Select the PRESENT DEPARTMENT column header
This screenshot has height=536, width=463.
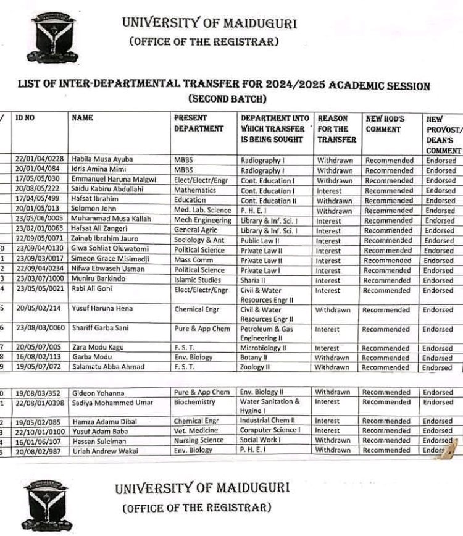(x=199, y=124)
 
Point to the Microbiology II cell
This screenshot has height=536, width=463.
(x=263, y=348)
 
